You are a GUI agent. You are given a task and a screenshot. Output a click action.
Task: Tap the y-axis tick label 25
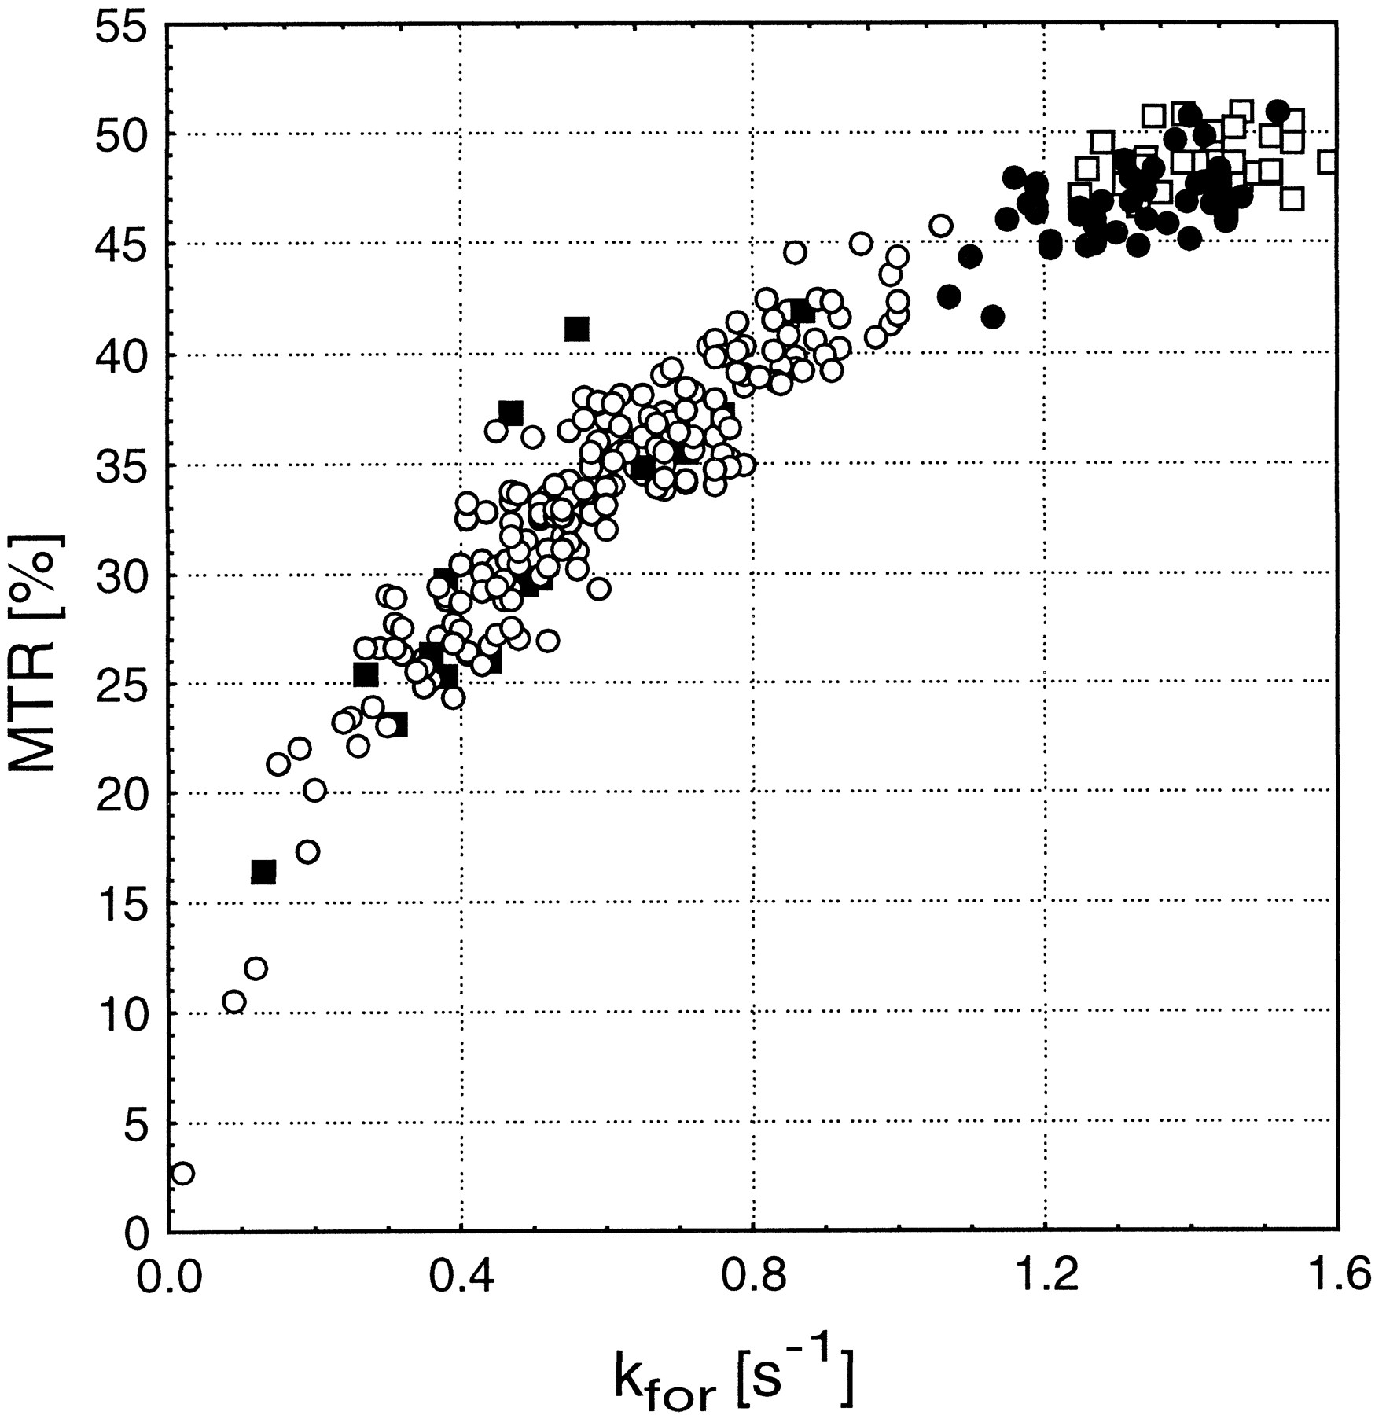pos(119,684)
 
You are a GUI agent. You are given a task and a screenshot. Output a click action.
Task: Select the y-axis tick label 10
pos(119,1013)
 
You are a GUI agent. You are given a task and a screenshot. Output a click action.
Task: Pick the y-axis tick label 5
pos(134,1123)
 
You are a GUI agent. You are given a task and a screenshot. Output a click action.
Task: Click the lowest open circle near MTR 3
pos(182,1174)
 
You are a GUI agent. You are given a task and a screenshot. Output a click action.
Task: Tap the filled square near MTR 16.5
pos(263,872)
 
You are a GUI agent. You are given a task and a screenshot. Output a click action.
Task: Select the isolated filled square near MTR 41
pos(577,329)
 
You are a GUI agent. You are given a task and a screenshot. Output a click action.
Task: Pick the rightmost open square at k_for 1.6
pos(1328,162)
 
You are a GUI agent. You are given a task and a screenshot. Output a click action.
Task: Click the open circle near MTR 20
pos(314,790)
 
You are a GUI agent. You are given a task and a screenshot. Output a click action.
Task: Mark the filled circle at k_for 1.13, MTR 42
pos(993,317)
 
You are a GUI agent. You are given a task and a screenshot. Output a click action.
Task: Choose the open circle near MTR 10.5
pos(234,1002)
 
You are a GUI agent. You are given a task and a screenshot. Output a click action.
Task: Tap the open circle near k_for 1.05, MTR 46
pos(941,226)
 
